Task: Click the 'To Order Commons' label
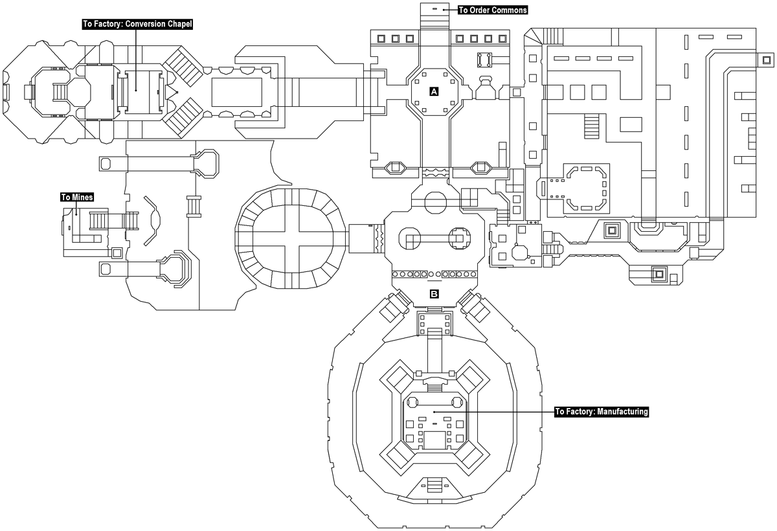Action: [x=493, y=10]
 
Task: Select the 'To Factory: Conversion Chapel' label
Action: [x=138, y=24]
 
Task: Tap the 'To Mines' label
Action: [x=76, y=197]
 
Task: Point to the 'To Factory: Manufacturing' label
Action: [x=602, y=411]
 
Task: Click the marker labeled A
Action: [x=434, y=92]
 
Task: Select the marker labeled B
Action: [x=434, y=294]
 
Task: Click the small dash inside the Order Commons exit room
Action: [x=435, y=9]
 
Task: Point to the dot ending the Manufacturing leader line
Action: [x=434, y=411]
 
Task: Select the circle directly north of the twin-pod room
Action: [x=434, y=201]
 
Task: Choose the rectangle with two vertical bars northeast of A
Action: [x=484, y=60]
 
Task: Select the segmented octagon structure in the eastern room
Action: [x=586, y=188]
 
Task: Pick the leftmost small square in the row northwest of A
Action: [x=381, y=38]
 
